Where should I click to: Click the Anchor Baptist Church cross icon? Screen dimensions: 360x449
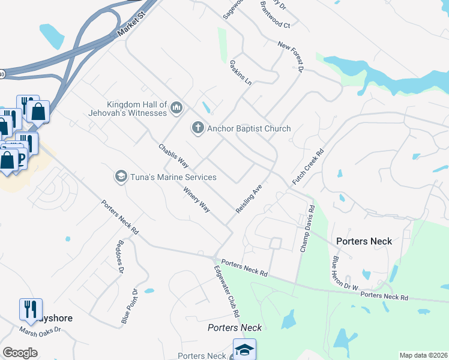[x=197, y=128]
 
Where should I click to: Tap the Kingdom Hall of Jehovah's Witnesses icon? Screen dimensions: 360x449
[x=176, y=108]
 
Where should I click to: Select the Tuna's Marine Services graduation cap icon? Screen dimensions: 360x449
[x=121, y=177]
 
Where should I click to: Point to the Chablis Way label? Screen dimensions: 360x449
[x=173, y=156]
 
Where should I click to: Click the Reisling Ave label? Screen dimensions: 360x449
[x=249, y=199]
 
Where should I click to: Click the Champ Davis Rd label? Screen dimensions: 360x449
[x=307, y=229]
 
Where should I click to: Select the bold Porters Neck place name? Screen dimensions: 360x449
[x=364, y=241]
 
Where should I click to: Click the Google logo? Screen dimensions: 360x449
[x=20, y=353]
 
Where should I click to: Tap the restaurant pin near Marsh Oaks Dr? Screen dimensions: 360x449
[x=31, y=308]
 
